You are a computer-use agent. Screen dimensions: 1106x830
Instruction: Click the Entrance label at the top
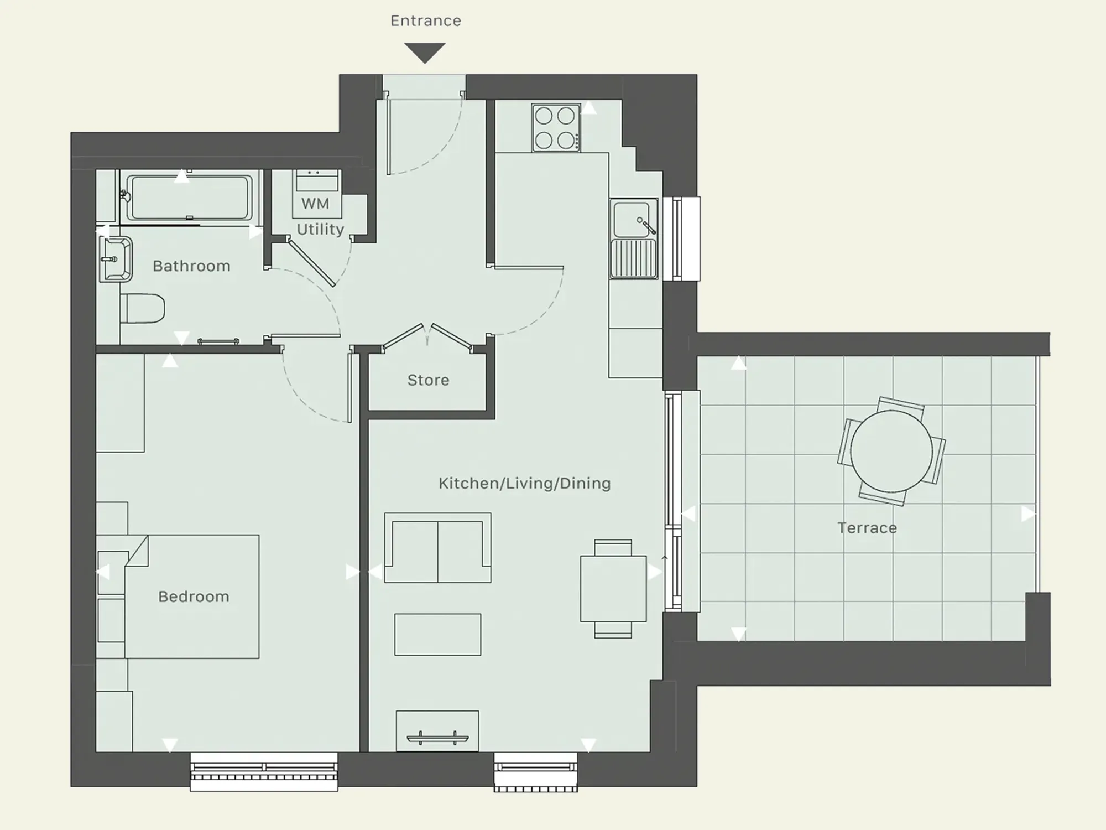click(425, 21)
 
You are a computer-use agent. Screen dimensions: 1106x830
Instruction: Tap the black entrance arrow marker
click(425, 53)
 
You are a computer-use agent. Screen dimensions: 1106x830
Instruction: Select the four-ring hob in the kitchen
click(556, 127)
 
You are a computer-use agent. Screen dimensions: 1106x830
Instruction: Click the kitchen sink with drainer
click(634, 238)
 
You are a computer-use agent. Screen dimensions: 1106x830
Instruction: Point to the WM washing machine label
click(315, 204)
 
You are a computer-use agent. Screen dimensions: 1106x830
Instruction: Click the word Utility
click(320, 229)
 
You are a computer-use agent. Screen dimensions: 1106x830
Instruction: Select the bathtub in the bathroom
click(189, 198)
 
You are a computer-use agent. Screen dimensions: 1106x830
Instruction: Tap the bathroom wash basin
click(116, 259)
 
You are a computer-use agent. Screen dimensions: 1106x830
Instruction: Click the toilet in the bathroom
click(143, 308)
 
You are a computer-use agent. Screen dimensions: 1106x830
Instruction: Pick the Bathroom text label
click(191, 266)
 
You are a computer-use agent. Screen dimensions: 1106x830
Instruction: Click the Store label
click(428, 380)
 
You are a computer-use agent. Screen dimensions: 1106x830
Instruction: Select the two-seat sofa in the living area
click(437, 548)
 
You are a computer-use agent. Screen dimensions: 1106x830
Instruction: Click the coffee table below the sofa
click(437, 634)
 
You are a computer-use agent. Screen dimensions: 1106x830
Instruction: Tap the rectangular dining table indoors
click(613, 589)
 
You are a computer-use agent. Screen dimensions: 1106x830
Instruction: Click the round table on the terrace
click(891, 451)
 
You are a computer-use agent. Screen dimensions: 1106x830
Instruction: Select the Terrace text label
click(867, 528)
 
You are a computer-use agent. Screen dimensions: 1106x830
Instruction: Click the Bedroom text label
click(194, 596)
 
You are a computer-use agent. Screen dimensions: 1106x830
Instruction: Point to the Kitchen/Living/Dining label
click(524, 484)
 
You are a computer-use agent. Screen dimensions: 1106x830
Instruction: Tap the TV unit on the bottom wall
click(437, 731)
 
